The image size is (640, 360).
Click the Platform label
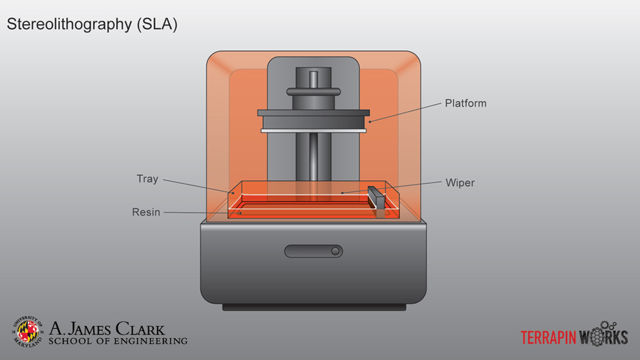click(465, 103)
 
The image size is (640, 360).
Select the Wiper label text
click(460, 183)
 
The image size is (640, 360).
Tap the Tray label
click(147, 179)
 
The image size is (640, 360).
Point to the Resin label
click(145, 212)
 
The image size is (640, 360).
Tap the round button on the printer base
click(335, 251)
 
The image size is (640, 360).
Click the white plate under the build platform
click(314, 131)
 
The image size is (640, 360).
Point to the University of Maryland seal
click(28, 331)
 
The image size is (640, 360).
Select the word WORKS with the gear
click(603, 337)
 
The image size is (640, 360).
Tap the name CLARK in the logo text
click(140, 330)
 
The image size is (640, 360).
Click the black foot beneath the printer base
click(314, 307)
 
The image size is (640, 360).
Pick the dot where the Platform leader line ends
click(370, 121)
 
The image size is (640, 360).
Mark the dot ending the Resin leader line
click(240, 213)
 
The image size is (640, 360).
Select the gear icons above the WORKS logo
click(608, 324)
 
